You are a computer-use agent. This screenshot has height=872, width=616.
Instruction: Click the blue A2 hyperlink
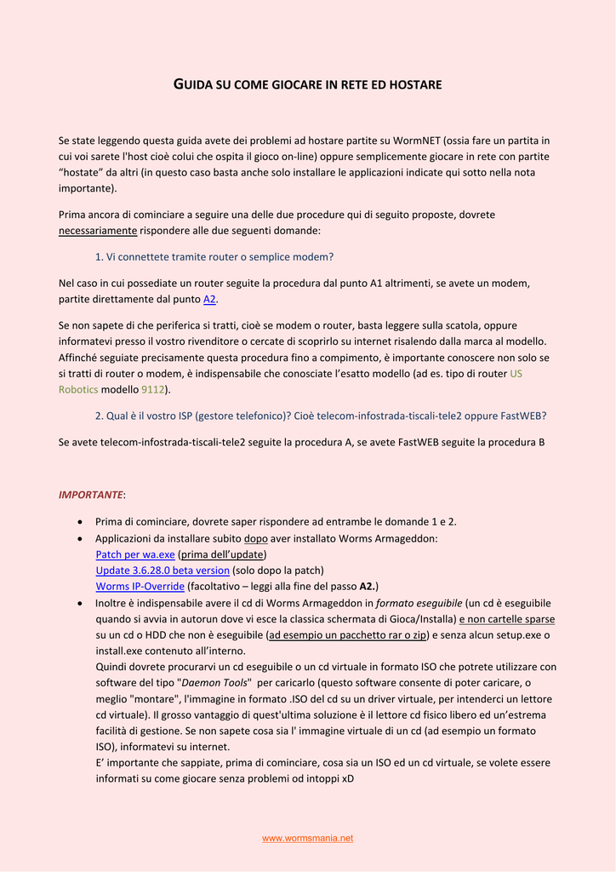coord(209,299)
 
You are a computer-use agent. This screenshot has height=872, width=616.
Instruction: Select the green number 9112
coord(153,389)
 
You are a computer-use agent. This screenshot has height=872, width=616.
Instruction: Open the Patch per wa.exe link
coord(135,554)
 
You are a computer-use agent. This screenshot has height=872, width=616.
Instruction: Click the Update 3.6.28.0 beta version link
coord(163,571)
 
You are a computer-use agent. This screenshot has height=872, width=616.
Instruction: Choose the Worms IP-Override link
coord(140,587)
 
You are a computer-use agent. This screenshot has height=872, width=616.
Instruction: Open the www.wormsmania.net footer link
coord(307,838)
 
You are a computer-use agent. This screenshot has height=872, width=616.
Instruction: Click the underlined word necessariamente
coord(98,231)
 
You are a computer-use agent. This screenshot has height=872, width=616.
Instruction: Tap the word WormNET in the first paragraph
coord(416,141)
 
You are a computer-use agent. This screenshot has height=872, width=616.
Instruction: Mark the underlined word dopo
coord(255,539)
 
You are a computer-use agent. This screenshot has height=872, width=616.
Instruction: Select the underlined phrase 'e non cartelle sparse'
coord(507,619)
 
